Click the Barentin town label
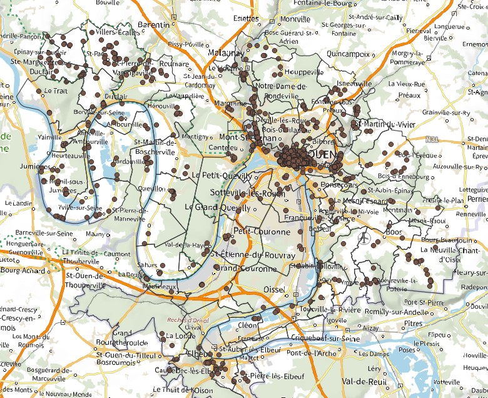point(153,25)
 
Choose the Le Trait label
point(51,91)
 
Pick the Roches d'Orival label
point(188,319)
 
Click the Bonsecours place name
point(338,186)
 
